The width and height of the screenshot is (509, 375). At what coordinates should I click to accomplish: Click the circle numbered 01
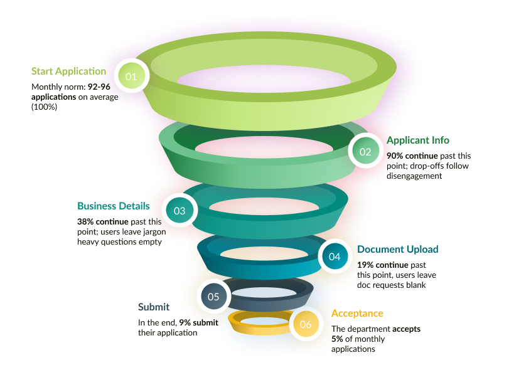(131, 76)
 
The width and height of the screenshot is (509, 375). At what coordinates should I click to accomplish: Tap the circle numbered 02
(365, 152)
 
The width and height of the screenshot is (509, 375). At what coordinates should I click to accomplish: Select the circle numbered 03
(179, 211)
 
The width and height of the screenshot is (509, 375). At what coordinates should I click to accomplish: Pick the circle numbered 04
(335, 256)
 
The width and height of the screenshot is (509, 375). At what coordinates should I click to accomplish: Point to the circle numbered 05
(213, 297)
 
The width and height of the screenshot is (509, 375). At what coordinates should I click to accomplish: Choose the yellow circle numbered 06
(306, 324)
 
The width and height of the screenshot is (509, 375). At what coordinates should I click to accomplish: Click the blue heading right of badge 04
(383, 250)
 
